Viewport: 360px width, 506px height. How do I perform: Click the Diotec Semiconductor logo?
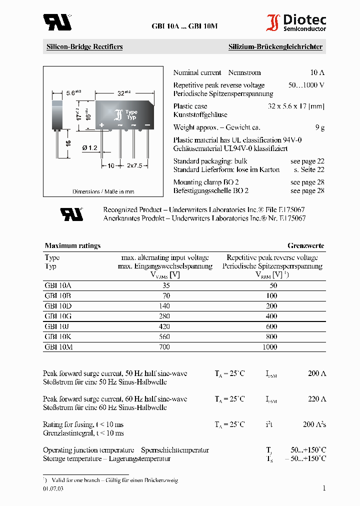coord(296,22)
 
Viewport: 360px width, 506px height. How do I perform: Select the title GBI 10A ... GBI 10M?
coord(184,26)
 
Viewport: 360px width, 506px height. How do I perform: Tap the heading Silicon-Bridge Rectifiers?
coord(84,47)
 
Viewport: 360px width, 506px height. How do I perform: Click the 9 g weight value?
coord(319,128)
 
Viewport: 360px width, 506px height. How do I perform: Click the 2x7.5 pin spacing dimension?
coord(134,165)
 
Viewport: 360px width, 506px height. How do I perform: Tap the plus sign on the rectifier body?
coord(102,124)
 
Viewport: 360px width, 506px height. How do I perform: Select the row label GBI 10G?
coord(58,316)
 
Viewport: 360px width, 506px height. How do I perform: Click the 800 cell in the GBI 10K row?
coord(272,337)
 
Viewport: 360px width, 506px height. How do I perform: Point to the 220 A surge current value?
coord(316,399)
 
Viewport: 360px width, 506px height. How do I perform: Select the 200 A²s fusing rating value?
coord(314,424)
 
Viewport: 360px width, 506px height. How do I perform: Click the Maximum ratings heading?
coord(72,245)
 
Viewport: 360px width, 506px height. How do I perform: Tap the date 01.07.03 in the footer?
coord(53,488)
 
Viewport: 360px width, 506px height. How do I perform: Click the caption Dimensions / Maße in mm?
coord(103,191)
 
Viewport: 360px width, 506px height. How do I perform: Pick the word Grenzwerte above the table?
coord(305,245)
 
